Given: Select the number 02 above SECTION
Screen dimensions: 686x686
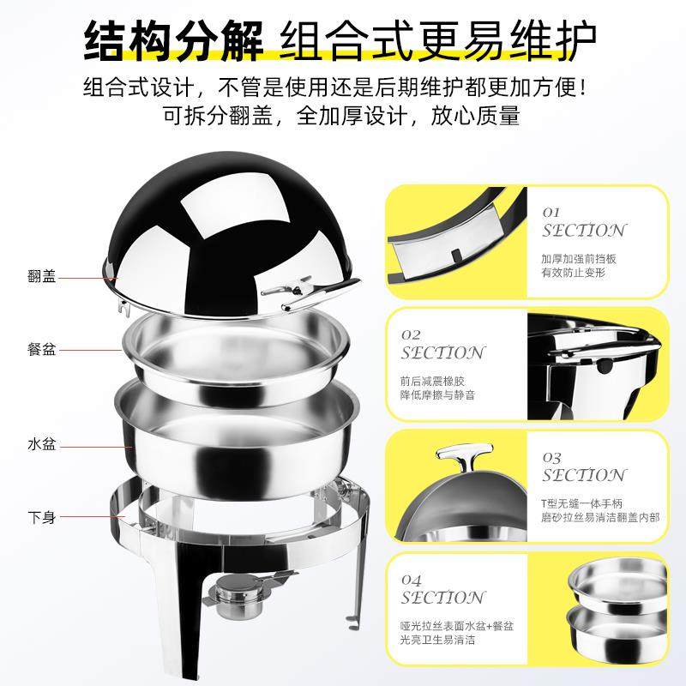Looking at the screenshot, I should click(411, 334).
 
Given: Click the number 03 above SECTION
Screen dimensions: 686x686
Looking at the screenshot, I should click(551, 458).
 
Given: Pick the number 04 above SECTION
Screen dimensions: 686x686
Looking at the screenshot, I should click(411, 579).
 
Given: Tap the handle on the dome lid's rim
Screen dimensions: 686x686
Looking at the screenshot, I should click(292, 292).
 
